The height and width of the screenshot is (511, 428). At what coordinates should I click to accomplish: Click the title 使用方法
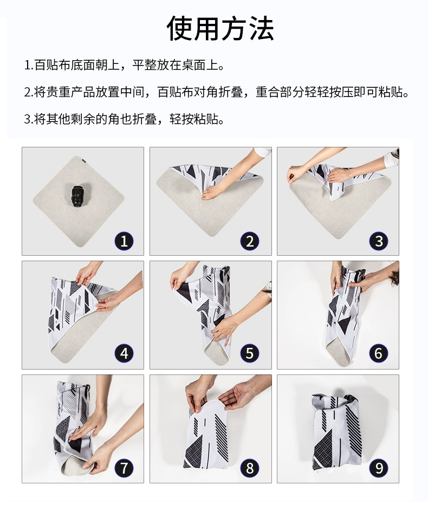pos(220,29)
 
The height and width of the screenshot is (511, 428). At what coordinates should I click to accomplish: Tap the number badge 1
pos(124,241)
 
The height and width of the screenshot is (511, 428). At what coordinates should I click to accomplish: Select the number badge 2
pos(250,241)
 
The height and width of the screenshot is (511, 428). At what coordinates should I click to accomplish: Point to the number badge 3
pos(379,241)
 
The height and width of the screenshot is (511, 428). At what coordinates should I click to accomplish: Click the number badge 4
pos(124,353)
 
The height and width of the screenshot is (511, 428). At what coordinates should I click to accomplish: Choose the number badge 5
pos(250,353)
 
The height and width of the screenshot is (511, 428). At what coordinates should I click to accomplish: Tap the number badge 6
pos(379,353)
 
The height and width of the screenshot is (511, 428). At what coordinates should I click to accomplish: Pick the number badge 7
pos(124,468)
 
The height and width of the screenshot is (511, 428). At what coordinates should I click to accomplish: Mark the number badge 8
pos(250,468)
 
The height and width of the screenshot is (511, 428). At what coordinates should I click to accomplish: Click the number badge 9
pos(379,468)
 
